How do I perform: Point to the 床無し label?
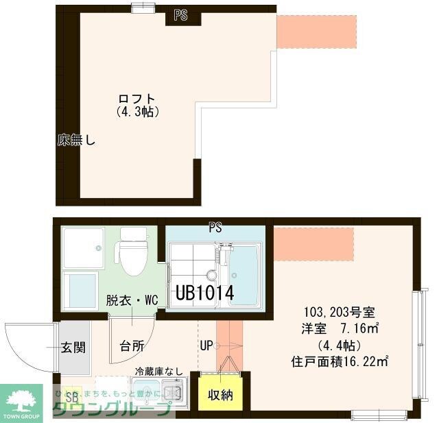(x=76, y=142)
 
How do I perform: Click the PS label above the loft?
(x=180, y=15)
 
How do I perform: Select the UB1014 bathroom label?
(x=205, y=293)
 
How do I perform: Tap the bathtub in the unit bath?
(x=244, y=274)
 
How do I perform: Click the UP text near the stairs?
(x=206, y=346)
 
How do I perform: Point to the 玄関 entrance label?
(x=74, y=348)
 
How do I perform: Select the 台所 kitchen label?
(x=132, y=346)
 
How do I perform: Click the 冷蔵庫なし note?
(x=158, y=372)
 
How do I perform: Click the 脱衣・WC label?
(x=132, y=300)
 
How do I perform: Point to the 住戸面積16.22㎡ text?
(x=340, y=360)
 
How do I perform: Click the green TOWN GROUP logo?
(x=25, y=403)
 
